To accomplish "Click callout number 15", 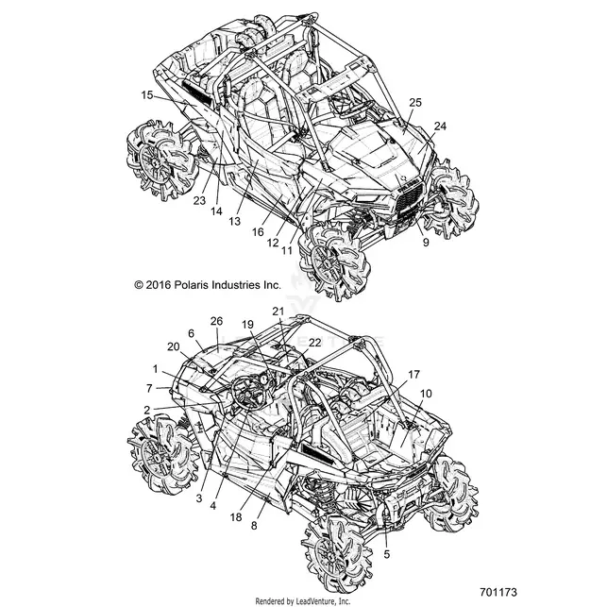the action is [147, 94].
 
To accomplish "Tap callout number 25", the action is [415, 103].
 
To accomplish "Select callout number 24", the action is [440, 126].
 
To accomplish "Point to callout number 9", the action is [426, 243].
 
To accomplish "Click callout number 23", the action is [199, 200].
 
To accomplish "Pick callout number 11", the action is [286, 250].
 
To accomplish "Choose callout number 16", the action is [258, 232].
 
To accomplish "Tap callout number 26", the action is [217, 321].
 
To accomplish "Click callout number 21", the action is [278, 311].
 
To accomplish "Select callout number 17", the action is [413, 375].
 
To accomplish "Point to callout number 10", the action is [426, 394].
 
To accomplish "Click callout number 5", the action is [387, 554].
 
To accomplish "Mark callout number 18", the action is [236, 516].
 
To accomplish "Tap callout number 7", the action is [149, 388].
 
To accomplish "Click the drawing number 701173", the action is [498, 592].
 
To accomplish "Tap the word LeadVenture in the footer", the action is [312, 601].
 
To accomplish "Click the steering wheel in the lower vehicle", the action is [247, 393].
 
